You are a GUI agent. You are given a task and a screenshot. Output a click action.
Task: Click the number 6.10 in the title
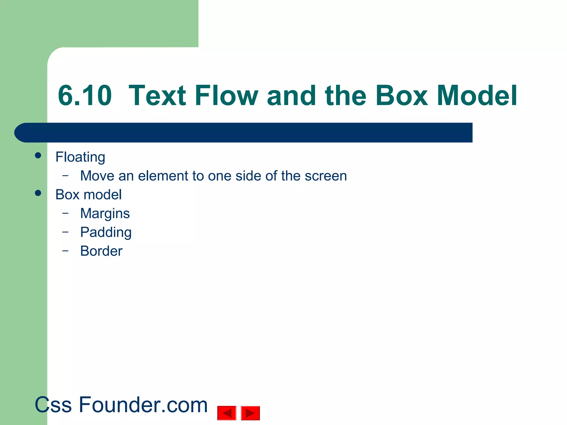85,96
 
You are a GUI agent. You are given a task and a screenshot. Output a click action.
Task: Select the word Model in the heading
477,96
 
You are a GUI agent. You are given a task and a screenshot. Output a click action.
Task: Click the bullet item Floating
80,157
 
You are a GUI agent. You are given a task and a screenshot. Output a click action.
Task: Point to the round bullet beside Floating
38,155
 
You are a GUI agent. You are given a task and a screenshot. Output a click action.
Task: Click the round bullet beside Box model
38,193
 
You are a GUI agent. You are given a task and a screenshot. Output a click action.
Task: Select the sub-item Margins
105,214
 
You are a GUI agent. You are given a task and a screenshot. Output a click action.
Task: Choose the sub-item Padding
106,232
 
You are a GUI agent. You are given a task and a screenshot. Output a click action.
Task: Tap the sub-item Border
101,251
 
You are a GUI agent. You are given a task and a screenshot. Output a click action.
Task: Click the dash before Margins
65,213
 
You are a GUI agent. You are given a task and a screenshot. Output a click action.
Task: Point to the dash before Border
65,251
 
